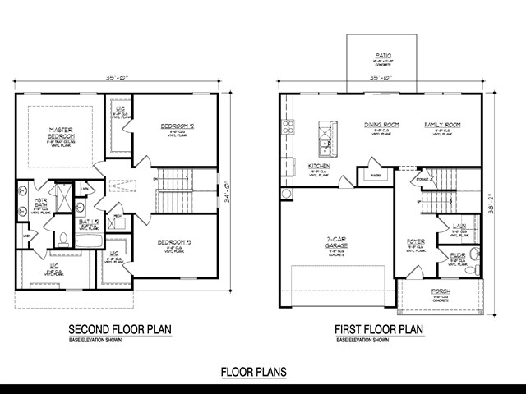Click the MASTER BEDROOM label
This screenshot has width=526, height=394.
[61, 132]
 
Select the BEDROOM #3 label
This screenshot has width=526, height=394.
[175, 242]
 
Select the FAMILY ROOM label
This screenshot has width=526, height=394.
[442, 125]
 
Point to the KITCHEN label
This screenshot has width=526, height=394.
[320, 167]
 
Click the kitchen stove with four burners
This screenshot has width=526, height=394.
[288, 126]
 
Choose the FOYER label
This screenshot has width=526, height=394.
[416, 242]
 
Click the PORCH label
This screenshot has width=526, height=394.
[441, 292]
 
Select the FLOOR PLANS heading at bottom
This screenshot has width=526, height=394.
[253, 371]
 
